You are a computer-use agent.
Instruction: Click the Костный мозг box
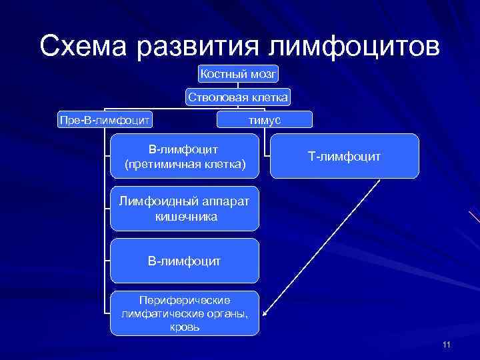point(238,74)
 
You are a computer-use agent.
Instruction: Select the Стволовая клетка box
point(238,97)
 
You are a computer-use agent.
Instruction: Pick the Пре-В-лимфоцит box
point(105,119)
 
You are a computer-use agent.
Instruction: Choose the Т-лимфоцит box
point(344,156)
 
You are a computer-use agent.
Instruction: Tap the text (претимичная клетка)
point(184,163)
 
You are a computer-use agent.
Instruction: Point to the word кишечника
point(184,217)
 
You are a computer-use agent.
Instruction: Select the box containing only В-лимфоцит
point(184,261)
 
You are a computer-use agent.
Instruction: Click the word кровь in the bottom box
point(184,327)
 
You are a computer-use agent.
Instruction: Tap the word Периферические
point(184,301)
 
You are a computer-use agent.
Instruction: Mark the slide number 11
point(446,345)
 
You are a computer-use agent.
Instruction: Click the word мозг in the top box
point(262,74)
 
